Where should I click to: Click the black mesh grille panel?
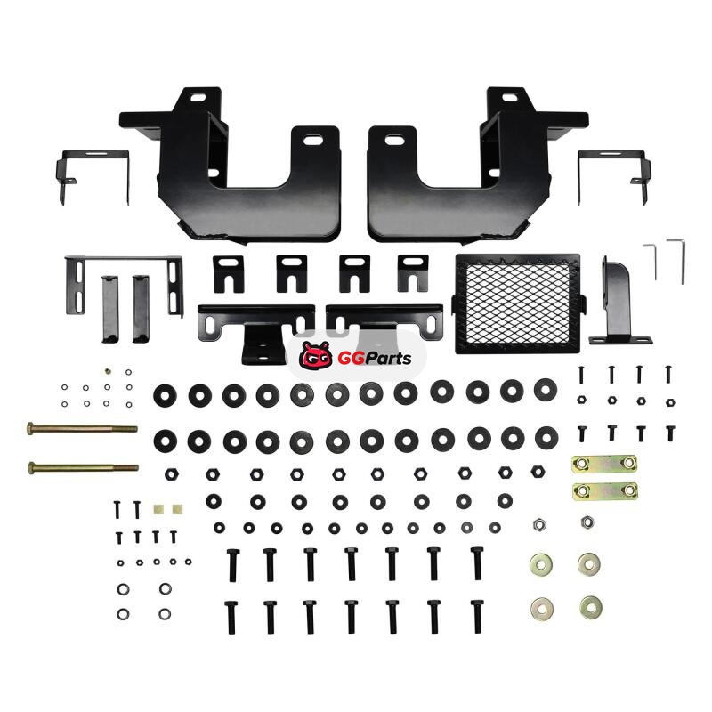pyautogui.click(x=518, y=303)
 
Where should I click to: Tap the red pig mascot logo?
pyautogui.click(x=317, y=355)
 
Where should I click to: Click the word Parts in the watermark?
pyautogui.click(x=388, y=359)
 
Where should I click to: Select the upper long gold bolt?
pyautogui.click(x=82, y=428)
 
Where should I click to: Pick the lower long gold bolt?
pyautogui.click(x=83, y=467)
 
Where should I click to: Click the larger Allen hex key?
pyautogui.click(x=676, y=261)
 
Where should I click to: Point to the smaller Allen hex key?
pyautogui.click(x=651, y=262)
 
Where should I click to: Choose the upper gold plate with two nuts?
pyautogui.click(x=604, y=464)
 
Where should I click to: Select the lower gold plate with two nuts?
pyautogui.click(x=605, y=491)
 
